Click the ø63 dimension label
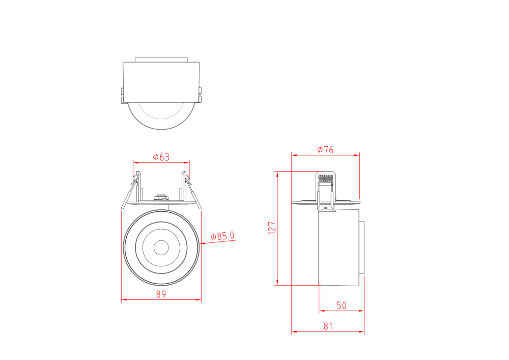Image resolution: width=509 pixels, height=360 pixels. [161, 157]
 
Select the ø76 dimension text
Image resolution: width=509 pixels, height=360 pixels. [325, 150]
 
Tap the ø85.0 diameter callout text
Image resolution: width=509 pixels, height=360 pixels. [223, 236]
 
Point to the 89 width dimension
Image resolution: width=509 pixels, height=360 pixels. [161, 294]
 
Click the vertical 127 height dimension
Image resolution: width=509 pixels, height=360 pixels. [272, 227]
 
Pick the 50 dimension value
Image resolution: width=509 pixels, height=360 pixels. [341, 306]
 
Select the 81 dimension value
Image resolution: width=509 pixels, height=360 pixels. [328, 327]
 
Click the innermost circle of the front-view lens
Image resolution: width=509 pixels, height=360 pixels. [161, 247]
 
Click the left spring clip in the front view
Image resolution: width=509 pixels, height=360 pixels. [131, 191]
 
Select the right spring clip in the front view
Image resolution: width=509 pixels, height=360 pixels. [191, 191]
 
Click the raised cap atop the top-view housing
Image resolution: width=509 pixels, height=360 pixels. [161, 59]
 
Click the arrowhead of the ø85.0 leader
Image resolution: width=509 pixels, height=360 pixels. [203, 244]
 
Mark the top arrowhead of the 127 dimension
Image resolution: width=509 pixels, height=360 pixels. [277, 174]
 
